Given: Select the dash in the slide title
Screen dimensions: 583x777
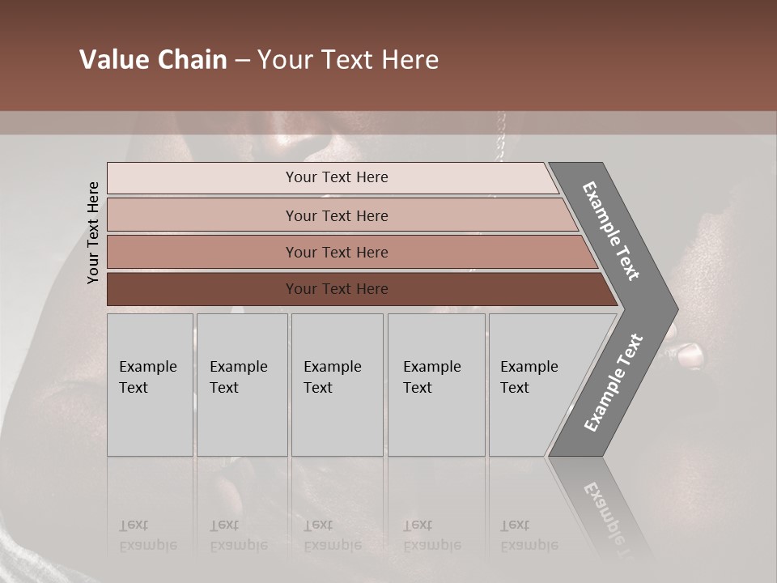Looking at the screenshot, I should [x=242, y=61].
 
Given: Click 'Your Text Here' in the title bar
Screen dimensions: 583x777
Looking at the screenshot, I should [x=348, y=60].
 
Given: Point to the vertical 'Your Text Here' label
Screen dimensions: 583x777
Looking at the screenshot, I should [x=93, y=233].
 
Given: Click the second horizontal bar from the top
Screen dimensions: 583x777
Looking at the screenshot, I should [x=337, y=215].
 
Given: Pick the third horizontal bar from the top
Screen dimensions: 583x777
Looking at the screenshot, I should [x=337, y=253].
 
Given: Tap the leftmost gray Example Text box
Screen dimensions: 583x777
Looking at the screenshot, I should [x=150, y=385].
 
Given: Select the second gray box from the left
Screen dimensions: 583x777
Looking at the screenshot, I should [x=241, y=385].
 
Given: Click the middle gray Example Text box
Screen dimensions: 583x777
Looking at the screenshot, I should [x=337, y=385].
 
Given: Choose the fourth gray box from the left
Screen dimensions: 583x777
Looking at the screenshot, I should [x=435, y=385].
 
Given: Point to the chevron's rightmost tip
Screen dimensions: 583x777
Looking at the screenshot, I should [x=675, y=309].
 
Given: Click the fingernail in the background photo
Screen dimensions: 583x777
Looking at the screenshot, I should [x=690, y=354].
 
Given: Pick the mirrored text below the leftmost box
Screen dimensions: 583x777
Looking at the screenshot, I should [x=147, y=535].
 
